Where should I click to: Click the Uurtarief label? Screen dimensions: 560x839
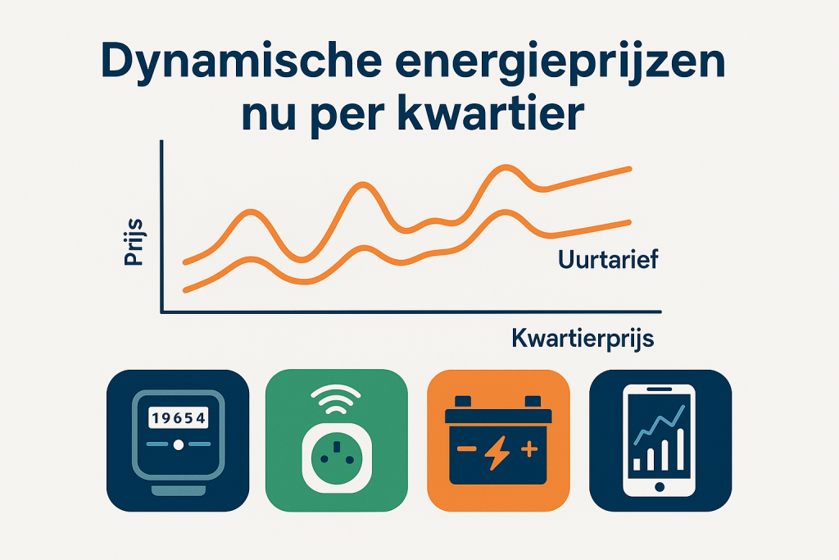click(x=607, y=262)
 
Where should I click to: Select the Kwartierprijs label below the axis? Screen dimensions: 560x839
click(x=583, y=338)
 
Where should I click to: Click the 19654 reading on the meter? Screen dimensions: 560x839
click(x=177, y=418)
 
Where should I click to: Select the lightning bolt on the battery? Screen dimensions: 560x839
click(x=497, y=453)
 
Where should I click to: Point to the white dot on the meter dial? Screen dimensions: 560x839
click(x=177, y=445)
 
